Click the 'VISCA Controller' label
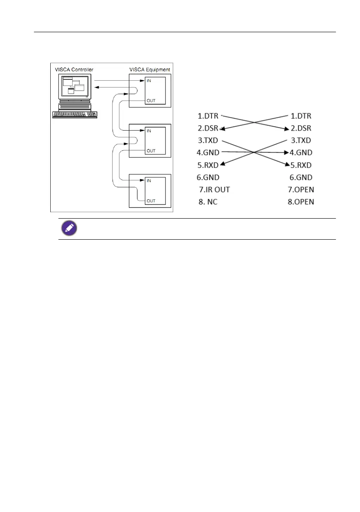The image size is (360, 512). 74,70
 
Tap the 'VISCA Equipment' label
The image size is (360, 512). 150,70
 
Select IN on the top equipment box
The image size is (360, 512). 149,81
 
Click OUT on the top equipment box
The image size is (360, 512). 150,101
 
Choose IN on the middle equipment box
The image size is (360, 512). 149,131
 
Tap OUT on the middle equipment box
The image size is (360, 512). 150,151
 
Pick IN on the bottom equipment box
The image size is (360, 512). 149,181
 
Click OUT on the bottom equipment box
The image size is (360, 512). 150,201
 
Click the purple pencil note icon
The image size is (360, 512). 68,229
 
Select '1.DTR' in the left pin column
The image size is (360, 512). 208,116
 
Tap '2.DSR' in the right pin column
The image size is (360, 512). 301,128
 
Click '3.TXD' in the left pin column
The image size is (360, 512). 208,140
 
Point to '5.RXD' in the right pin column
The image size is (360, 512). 301,165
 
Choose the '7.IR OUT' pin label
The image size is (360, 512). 214,189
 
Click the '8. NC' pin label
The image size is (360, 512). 208,202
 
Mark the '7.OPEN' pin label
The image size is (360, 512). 302,189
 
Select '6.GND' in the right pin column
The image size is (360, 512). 301,177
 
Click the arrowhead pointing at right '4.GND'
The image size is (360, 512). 285,152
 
